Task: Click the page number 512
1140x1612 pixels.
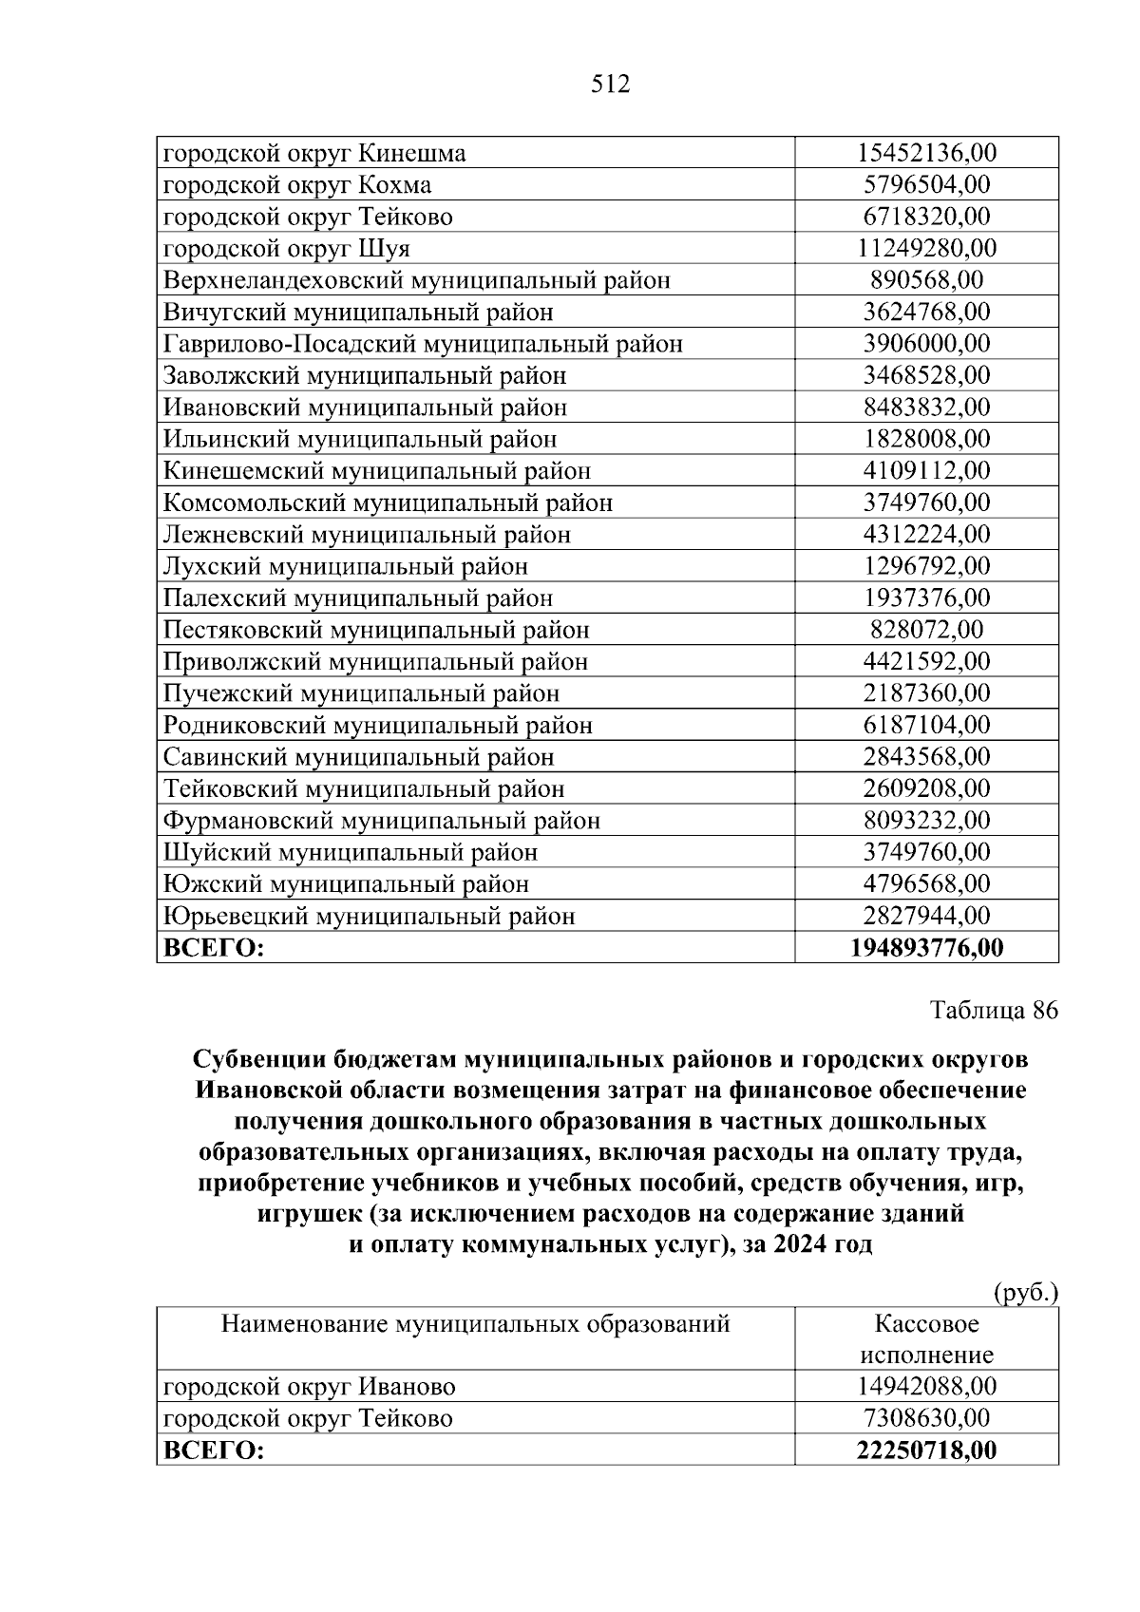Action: point(610,85)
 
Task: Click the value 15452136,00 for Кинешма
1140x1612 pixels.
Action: point(926,153)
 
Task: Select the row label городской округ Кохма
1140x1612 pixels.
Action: point(297,184)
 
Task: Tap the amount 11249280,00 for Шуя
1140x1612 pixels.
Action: point(926,249)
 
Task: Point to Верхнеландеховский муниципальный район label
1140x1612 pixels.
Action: point(417,280)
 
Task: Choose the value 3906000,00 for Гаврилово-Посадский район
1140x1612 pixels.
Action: point(926,344)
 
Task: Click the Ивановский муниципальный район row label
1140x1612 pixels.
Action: point(365,408)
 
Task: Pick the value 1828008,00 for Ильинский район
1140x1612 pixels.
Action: point(926,439)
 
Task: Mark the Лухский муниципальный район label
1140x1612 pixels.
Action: point(346,567)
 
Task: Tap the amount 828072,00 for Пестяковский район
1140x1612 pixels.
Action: point(926,630)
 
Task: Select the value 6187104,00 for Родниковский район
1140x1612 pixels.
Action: point(926,726)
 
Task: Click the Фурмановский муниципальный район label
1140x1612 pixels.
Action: point(382,821)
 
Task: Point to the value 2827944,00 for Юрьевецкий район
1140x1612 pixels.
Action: point(926,917)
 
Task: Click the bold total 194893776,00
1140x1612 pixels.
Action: point(926,948)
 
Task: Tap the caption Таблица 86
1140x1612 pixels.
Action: point(994,1010)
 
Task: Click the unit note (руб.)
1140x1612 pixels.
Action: point(1025,1292)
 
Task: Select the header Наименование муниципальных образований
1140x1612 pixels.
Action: point(475,1323)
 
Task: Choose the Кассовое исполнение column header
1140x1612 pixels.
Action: point(926,1338)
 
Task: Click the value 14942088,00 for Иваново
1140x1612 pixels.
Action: point(926,1387)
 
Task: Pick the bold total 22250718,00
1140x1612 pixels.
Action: point(926,1451)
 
